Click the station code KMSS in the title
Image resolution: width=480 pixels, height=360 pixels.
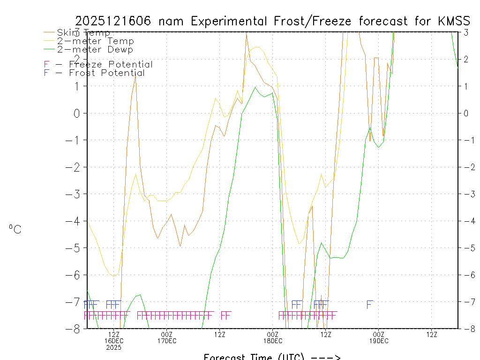(x=454, y=21)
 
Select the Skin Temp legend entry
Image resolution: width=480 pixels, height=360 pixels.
(x=83, y=33)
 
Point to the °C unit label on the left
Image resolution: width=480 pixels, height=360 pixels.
(x=15, y=229)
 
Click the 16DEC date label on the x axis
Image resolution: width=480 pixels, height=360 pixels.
(x=114, y=341)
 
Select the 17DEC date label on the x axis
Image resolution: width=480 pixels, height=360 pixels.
(x=167, y=341)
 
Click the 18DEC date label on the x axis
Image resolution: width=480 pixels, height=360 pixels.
(x=273, y=341)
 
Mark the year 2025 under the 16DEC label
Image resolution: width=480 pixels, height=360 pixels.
(x=114, y=347)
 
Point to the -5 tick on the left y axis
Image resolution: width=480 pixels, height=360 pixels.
(x=76, y=248)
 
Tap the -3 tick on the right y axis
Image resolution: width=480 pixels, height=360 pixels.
(x=466, y=194)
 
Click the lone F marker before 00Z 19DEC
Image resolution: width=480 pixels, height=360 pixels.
(x=369, y=305)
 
